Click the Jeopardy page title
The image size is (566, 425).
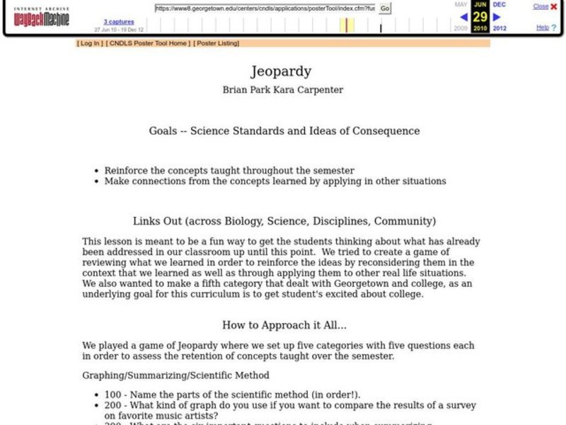click(281, 72)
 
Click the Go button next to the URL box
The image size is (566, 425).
click(385, 8)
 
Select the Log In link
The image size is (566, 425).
click(90, 43)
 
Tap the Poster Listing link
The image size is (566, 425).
click(217, 43)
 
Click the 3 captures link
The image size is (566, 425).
click(119, 22)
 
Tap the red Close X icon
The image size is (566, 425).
click(553, 6)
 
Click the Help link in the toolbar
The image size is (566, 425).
click(543, 28)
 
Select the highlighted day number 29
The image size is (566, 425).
click(480, 16)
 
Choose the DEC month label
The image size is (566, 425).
click(499, 4)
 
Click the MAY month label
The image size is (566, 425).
click(461, 4)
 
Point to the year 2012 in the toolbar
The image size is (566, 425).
click(499, 28)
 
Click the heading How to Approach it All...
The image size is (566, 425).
click(284, 325)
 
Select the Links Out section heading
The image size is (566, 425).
click(284, 221)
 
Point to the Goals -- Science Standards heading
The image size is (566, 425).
click(284, 131)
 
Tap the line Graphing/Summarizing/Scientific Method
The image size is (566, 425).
click(175, 375)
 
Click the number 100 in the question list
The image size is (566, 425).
click(112, 395)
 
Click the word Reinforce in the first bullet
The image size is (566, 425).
click(125, 171)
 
